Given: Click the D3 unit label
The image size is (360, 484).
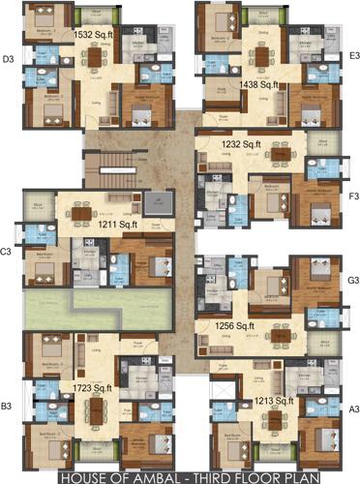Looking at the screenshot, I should (x=8, y=60).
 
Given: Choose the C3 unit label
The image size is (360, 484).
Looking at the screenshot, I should (x=7, y=252).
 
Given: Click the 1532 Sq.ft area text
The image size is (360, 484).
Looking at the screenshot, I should (x=96, y=35).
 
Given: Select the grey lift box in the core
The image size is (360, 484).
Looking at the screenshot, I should (x=158, y=204).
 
